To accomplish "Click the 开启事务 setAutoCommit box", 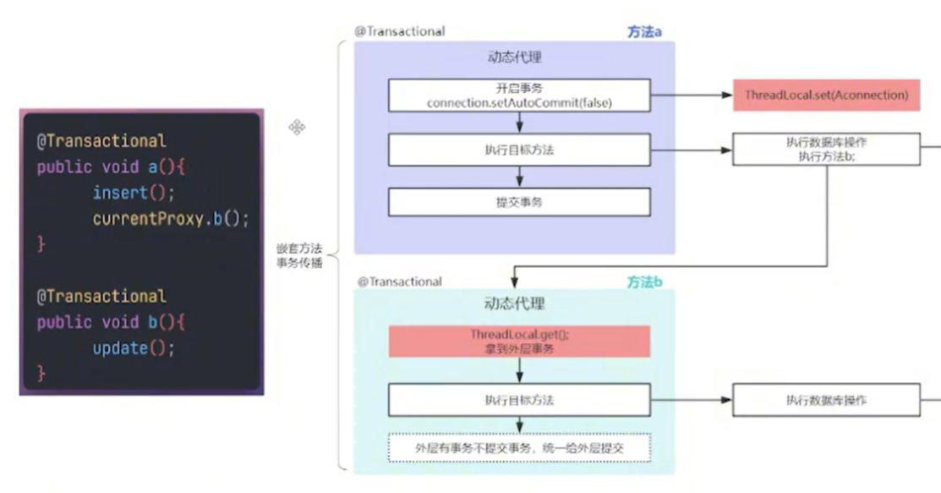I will point(519,96).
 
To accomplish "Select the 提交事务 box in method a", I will point(519,202).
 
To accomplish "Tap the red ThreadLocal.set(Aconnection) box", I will point(826,96).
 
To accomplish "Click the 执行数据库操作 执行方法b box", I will point(825,149).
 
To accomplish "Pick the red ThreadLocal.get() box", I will point(519,342).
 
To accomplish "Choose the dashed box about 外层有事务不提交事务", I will point(519,448).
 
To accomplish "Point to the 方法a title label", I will point(644,32).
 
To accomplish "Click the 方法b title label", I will point(644,282).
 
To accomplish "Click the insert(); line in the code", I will point(134,193).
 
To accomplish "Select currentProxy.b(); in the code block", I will point(171,218).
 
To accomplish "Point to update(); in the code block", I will point(134,348).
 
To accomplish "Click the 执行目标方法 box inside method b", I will point(519,400).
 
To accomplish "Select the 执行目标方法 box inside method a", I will point(519,150).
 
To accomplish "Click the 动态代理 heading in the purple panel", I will point(514,58).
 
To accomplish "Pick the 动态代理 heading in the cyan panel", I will point(514,304).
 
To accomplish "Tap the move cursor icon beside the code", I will point(297,128).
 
